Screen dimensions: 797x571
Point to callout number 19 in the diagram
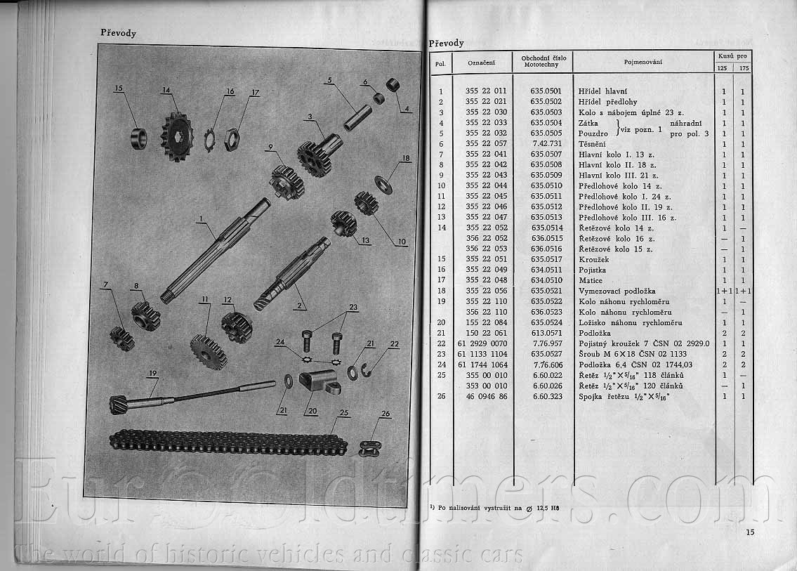[153, 373]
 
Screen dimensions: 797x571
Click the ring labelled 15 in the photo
[139, 139]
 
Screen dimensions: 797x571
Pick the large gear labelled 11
[209, 352]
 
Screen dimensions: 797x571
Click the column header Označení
[481, 63]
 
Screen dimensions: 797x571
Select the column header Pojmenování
[643, 62]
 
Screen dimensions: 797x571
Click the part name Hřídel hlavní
[602, 91]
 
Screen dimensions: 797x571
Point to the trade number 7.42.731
[547, 144]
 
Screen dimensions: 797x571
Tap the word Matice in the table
[590, 281]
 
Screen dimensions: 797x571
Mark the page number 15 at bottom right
[750, 532]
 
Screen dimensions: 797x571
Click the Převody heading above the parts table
[447, 44]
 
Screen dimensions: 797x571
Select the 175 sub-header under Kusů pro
[744, 68]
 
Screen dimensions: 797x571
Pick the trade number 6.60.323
[548, 397]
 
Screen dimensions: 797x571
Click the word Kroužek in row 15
[593, 260]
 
